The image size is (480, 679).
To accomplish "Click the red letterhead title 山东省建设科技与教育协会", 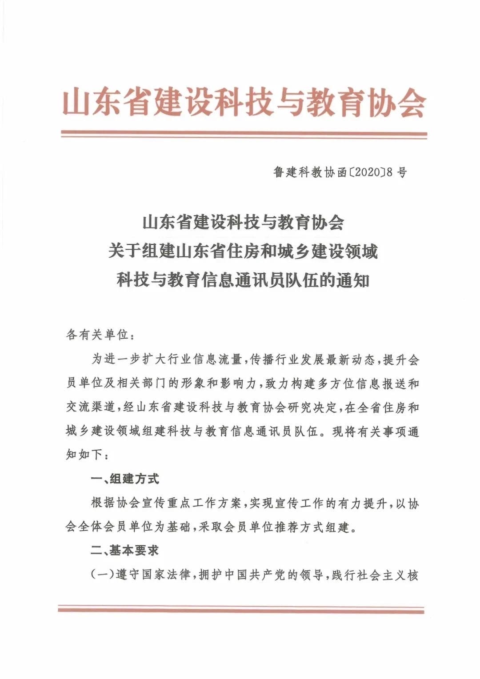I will tap(244, 102).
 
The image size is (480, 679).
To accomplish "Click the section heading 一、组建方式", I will tap(125, 479).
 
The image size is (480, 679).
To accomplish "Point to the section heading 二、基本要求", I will tap(125, 551).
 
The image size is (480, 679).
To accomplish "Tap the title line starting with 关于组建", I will tap(243, 252).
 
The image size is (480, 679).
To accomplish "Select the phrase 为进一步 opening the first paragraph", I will tap(116, 359).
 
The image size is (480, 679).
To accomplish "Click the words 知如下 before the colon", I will tap(84, 455).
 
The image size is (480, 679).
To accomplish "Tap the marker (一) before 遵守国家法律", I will tap(103, 575).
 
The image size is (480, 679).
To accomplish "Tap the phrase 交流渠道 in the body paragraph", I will tap(91, 407).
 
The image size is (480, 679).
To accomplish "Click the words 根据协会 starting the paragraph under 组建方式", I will tap(116, 503).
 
